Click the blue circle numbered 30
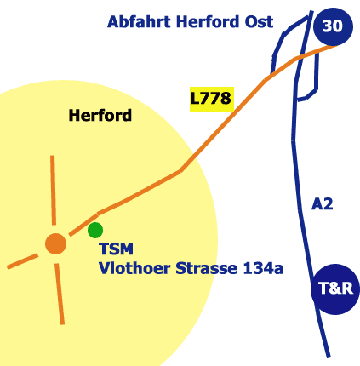pyautogui.click(x=333, y=26)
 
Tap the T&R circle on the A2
pyautogui.click(x=335, y=289)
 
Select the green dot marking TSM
pyautogui.click(x=95, y=230)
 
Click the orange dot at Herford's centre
pyautogui.click(x=56, y=243)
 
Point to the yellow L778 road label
pyautogui.click(x=212, y=99)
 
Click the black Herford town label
pyautogui.click(x=100, y=116)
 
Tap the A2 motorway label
pyautogui.click(x=322, y=204)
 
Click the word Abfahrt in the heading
pyautogui.click(x=139, y=21)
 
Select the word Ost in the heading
pyautogui.click(x=259, y=21)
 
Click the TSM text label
pyautogui.click(x=117, y=249)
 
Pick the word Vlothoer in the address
pyautogui.click(x=134, y=268)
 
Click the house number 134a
pyautogui.click(x=263, y=268)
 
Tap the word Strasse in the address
pyautogui.click(x=207, y=268)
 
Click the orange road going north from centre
pyautogui.click(x=53, y=190)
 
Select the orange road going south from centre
pyautogui.click(x=60, y=294)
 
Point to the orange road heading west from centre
pyautogui.click(x=22, y=261)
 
